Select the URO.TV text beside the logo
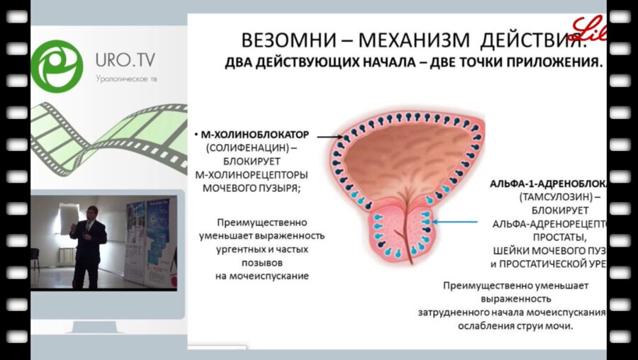(x=130, y=60)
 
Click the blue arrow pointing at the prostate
(x=457, y=222)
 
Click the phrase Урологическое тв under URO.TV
(x=127, y=78)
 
